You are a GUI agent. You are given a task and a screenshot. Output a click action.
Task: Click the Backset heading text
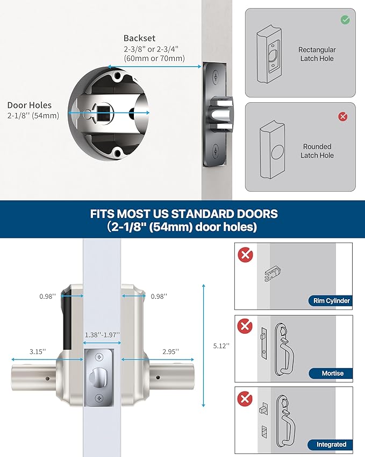click(x=139, y=38)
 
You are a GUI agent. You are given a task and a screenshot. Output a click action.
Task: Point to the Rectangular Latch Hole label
click(x=317, y=54)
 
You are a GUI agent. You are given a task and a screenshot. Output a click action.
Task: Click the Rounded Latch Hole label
click(x=317, y=151)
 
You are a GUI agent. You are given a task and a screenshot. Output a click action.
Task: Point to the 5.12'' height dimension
click(x=221, y=346)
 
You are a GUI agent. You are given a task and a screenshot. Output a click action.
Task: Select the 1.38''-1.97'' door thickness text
click(x=102, y=334)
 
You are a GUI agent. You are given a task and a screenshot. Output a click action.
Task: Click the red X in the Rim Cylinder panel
click(x=246, y=255)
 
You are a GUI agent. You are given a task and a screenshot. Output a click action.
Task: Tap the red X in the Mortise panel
click(x=246, y=326)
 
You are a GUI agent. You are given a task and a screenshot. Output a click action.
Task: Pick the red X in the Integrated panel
click(x=246, y=398)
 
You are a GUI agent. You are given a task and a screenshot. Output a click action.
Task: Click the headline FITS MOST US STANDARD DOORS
click(x=182, y=213)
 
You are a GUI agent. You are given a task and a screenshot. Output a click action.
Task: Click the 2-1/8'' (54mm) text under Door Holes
click(x=33, y=116)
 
